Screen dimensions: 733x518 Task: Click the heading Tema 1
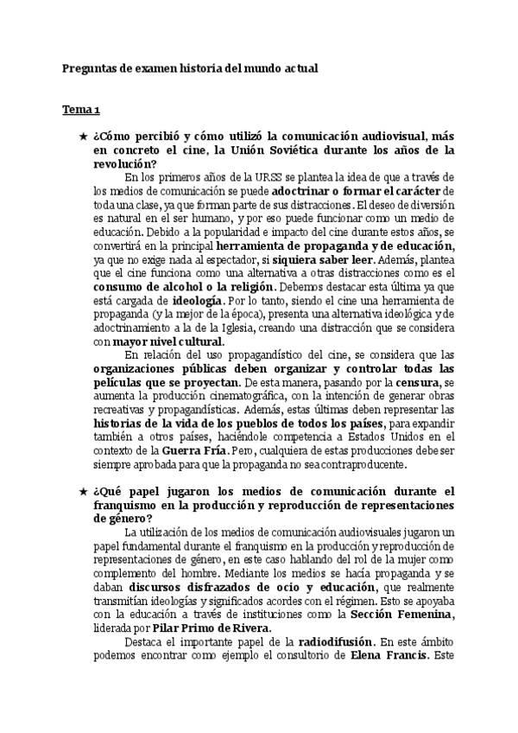point(80,110)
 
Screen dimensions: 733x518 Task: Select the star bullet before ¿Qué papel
point(82,491)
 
